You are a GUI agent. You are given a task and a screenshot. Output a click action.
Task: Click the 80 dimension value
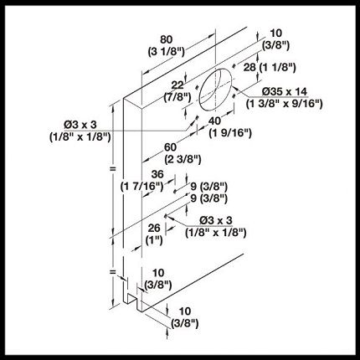tap(167, 39)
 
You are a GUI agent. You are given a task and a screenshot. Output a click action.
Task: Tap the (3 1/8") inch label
tap(166, 52)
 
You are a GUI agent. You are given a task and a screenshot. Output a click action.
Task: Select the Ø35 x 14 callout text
tap(285, 91)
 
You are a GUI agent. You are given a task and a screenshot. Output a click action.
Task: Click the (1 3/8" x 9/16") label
tap(285, 104)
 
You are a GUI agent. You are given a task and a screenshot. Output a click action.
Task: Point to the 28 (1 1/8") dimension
tap(270, 67)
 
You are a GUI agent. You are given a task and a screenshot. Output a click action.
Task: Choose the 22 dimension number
tap(177, 85)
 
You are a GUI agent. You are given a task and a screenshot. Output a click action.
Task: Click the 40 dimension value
tap(215, 121)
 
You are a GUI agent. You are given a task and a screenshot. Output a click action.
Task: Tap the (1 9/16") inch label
tap(230, 133)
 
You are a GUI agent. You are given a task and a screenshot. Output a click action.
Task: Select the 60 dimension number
tap(170, 147)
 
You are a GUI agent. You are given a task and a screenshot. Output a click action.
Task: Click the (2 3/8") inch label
tap(183, 159)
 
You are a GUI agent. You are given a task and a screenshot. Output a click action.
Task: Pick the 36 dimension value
tap(157, 174)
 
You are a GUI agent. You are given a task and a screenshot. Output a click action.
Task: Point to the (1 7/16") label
tap(141, 186)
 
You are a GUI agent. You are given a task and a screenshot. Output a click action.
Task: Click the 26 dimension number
tap(154, 228)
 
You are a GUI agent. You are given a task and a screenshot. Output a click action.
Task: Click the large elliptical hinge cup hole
tap(215, 89)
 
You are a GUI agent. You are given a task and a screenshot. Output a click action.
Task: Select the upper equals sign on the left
tap(113, 168)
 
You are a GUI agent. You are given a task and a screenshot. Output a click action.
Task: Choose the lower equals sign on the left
tap(112, 271)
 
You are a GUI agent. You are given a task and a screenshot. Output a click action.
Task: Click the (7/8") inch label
tap(177, 97)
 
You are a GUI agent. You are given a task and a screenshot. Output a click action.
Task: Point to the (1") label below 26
tap(154, 240)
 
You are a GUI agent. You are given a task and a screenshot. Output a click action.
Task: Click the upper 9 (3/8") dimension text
tap(209, 186)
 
